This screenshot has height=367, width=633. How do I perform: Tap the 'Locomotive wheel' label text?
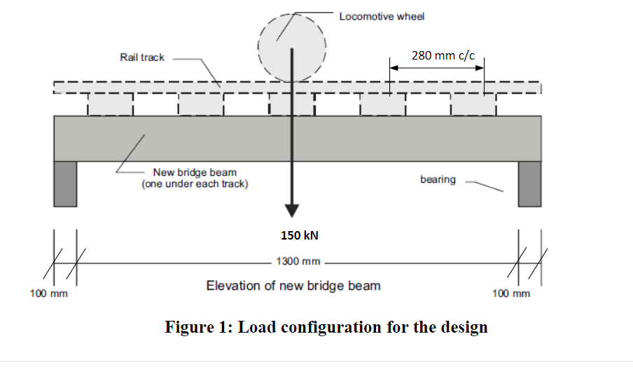pos(382,16)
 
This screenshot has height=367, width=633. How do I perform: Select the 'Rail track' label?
pos(142,57)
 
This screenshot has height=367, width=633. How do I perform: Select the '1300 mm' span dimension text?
pos(298,262)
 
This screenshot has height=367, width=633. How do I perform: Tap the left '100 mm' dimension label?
pos(48,293)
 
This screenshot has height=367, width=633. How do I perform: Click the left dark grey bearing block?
pos(65,183)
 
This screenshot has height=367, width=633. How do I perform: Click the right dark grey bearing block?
pos(529,183)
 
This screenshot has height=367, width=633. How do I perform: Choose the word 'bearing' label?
pos(438,179)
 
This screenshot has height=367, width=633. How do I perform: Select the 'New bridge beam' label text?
pos(195,172)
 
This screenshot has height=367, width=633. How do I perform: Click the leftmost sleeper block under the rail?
pos(109,105)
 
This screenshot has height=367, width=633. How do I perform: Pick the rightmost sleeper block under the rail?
pos(473,105)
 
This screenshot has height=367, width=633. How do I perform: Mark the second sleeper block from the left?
pos(200,105)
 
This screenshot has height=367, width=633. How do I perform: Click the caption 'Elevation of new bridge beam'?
pos(293,286)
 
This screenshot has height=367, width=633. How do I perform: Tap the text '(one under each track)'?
pos(195,184)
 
